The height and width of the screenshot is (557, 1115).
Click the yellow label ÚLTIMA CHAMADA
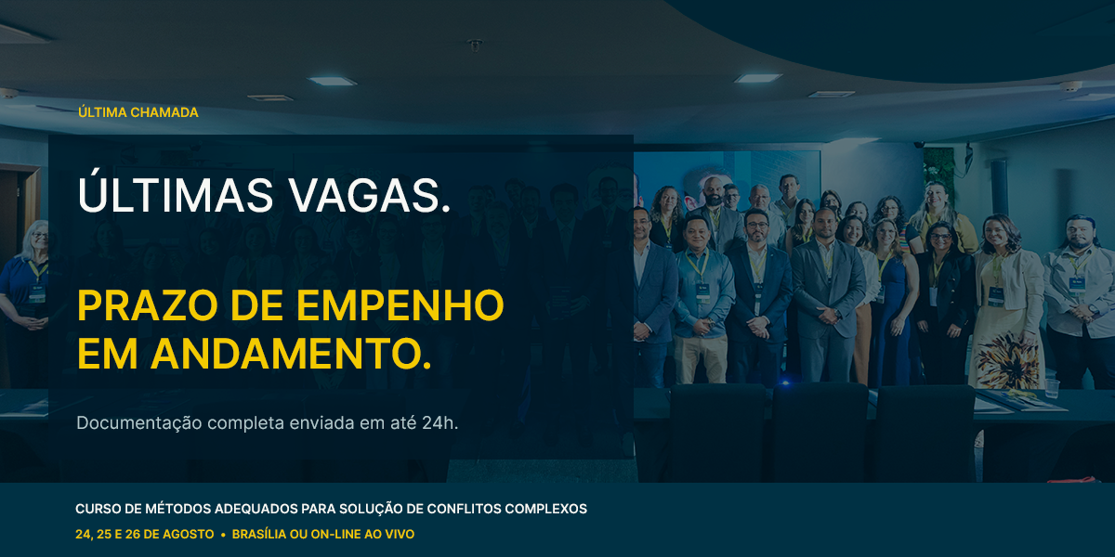138,112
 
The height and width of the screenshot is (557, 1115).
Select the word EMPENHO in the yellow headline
400,305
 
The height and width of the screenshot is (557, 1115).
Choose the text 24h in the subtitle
439,422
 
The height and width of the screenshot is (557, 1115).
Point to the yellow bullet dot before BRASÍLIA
223,535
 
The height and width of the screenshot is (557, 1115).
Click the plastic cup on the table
1051,388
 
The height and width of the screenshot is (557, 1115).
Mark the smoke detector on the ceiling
475,45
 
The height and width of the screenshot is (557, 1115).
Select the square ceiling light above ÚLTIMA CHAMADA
332,81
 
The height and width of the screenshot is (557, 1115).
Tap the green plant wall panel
938,175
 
